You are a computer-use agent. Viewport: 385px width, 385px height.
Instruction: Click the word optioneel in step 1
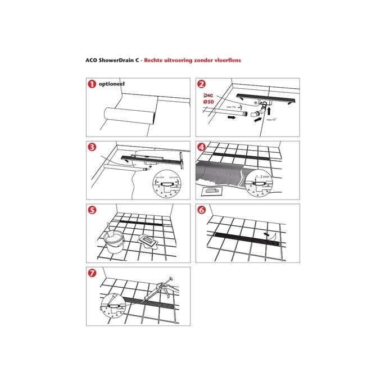click(111, 84)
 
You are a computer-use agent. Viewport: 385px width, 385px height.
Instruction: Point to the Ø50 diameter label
click(207, 102)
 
